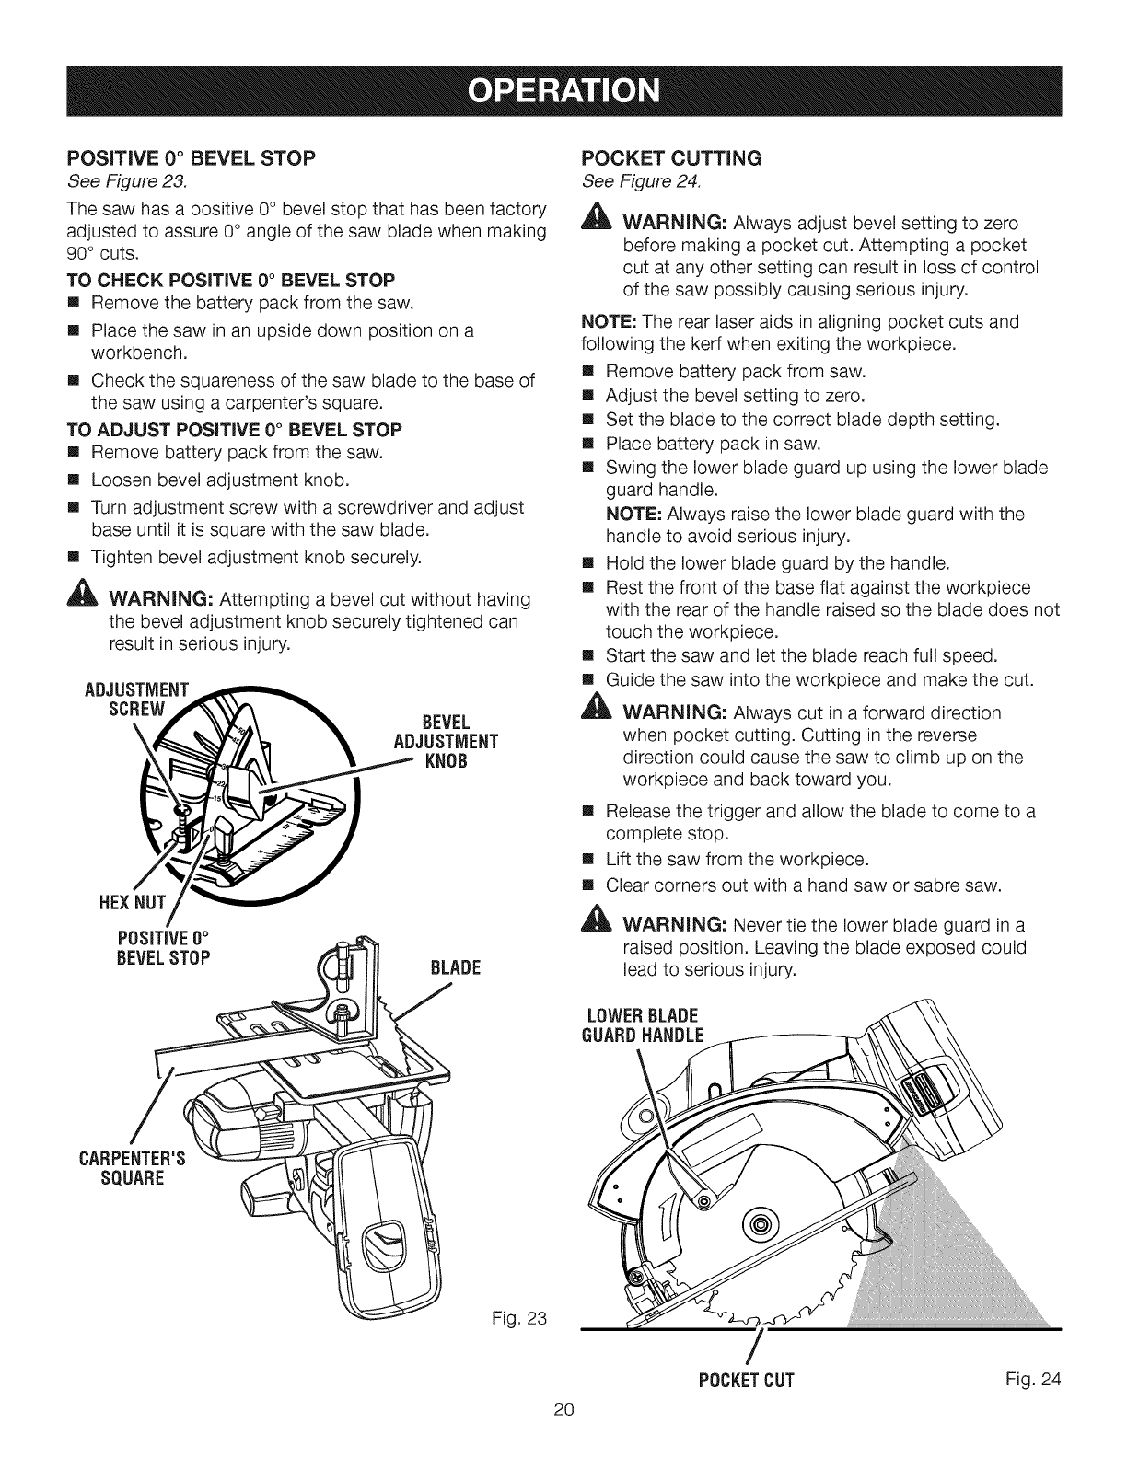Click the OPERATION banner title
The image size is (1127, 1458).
click(x=563, y=93)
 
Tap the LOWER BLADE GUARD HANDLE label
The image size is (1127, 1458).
click(x=644, y=1024)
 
